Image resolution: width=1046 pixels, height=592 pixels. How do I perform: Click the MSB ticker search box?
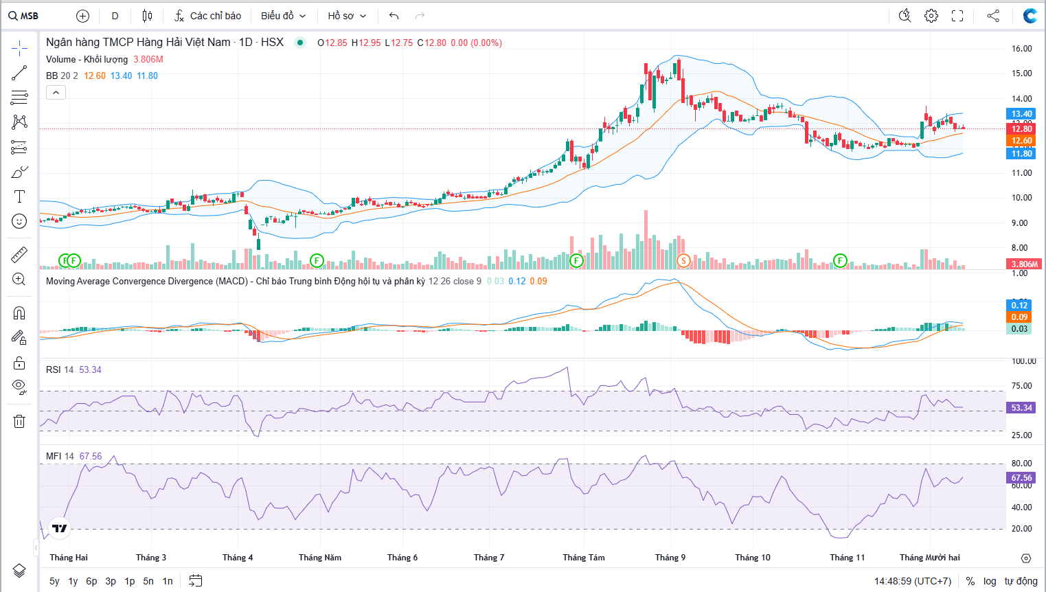[x=24, y=16]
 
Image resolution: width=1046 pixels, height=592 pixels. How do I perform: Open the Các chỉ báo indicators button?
[x=207, y=16]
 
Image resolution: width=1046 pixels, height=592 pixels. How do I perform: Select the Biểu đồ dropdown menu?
[x=283, y=16]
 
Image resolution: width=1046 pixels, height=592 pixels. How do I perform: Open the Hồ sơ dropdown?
[x=346, y=16]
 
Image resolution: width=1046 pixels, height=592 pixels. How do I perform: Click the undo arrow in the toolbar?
[x=394, y=16]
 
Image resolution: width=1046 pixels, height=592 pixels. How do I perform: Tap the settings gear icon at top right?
[x=931, y=16]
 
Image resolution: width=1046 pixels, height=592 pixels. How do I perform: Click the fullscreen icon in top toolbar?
[x=957, y=16]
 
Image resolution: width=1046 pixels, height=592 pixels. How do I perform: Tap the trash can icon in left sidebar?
[x=19, y=421]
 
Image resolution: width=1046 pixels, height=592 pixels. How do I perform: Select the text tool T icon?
[x=19, y=196]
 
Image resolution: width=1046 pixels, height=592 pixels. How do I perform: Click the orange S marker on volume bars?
[x=683, y=260]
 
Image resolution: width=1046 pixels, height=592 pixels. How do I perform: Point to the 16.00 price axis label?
[x=1022, y=49]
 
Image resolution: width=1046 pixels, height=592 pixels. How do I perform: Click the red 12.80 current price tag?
[x=1021, y=129]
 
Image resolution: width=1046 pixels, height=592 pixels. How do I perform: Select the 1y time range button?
[x=73, y=581]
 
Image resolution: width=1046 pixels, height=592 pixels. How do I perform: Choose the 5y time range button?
[x=54, y=581]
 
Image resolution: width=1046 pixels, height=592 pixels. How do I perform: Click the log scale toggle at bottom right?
[x=990, y=581]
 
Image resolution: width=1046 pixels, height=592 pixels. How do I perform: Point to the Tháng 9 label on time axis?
[x=670, y=558]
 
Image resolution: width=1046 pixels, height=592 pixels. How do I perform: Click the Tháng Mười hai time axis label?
[x=930, y=558]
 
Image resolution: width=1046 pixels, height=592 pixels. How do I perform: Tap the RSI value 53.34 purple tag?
[x=1021, y=407]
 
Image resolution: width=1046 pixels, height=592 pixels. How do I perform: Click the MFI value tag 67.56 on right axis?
[x=1021, y=477]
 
